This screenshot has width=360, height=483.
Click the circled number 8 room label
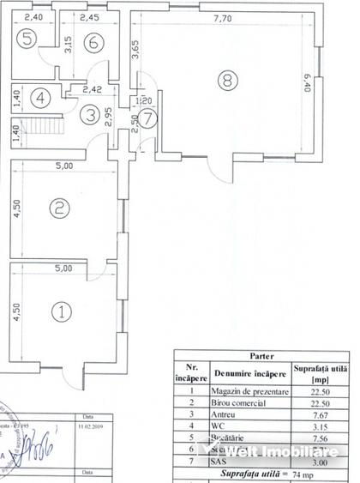pos(225,82)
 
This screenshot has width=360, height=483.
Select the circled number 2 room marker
pos(58,207)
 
